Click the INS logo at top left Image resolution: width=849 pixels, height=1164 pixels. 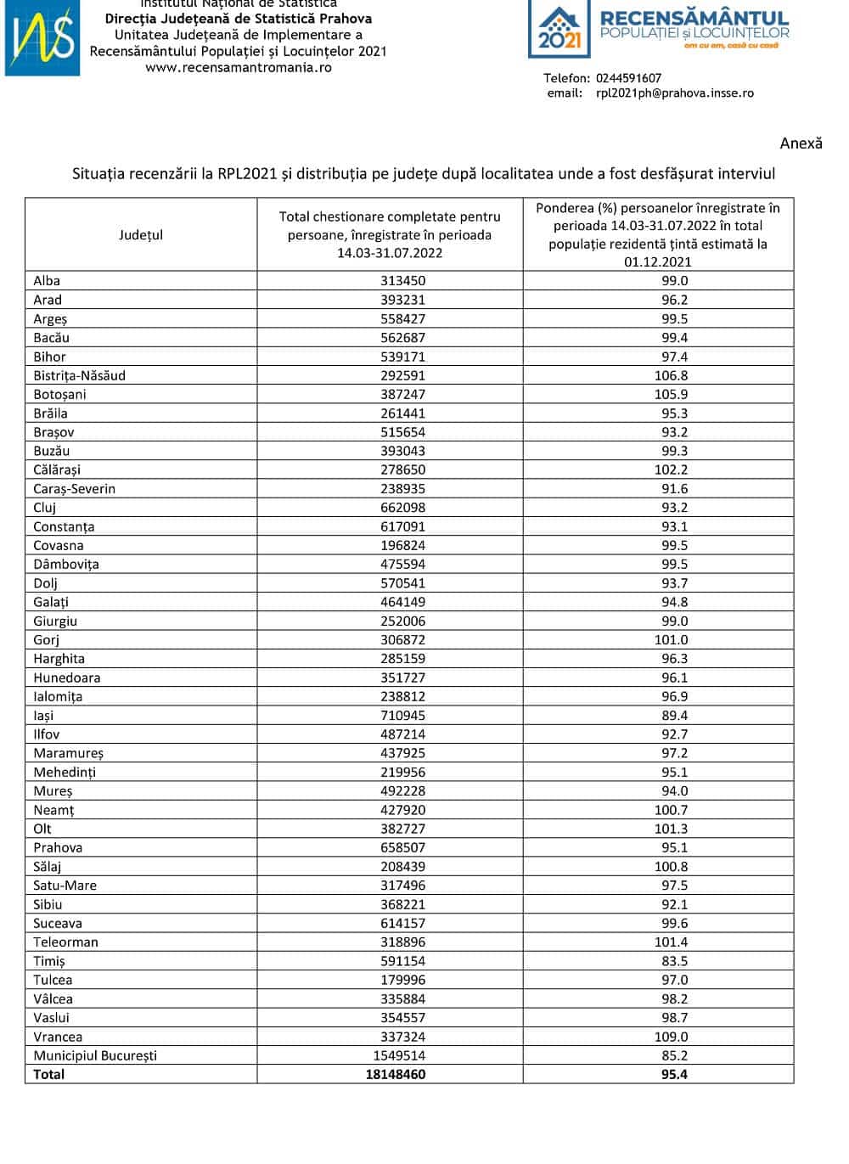[42, 38]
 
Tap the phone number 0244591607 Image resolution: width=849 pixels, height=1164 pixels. [627, 78]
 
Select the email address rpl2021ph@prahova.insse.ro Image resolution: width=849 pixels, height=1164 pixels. [674, 93]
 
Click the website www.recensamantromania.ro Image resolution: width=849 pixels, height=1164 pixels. [239, 67]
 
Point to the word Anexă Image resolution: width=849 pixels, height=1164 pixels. [801, 143]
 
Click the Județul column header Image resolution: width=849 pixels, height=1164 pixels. [141, 235]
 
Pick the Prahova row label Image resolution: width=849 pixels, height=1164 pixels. [58, 847]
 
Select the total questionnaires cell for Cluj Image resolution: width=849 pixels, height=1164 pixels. [403, 508]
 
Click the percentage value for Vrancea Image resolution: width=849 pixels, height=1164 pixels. [671, 1037]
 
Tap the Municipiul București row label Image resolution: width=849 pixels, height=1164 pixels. [95, 1055]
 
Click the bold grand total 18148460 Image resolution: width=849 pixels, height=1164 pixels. [391, 1074]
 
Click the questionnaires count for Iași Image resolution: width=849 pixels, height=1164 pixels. [403, 716]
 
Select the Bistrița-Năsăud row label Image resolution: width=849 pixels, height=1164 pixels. [79, 375]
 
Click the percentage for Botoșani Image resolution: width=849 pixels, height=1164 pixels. [671, 394]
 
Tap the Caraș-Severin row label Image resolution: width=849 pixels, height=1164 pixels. [74, 489]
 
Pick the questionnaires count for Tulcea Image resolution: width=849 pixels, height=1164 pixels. [403, 980]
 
